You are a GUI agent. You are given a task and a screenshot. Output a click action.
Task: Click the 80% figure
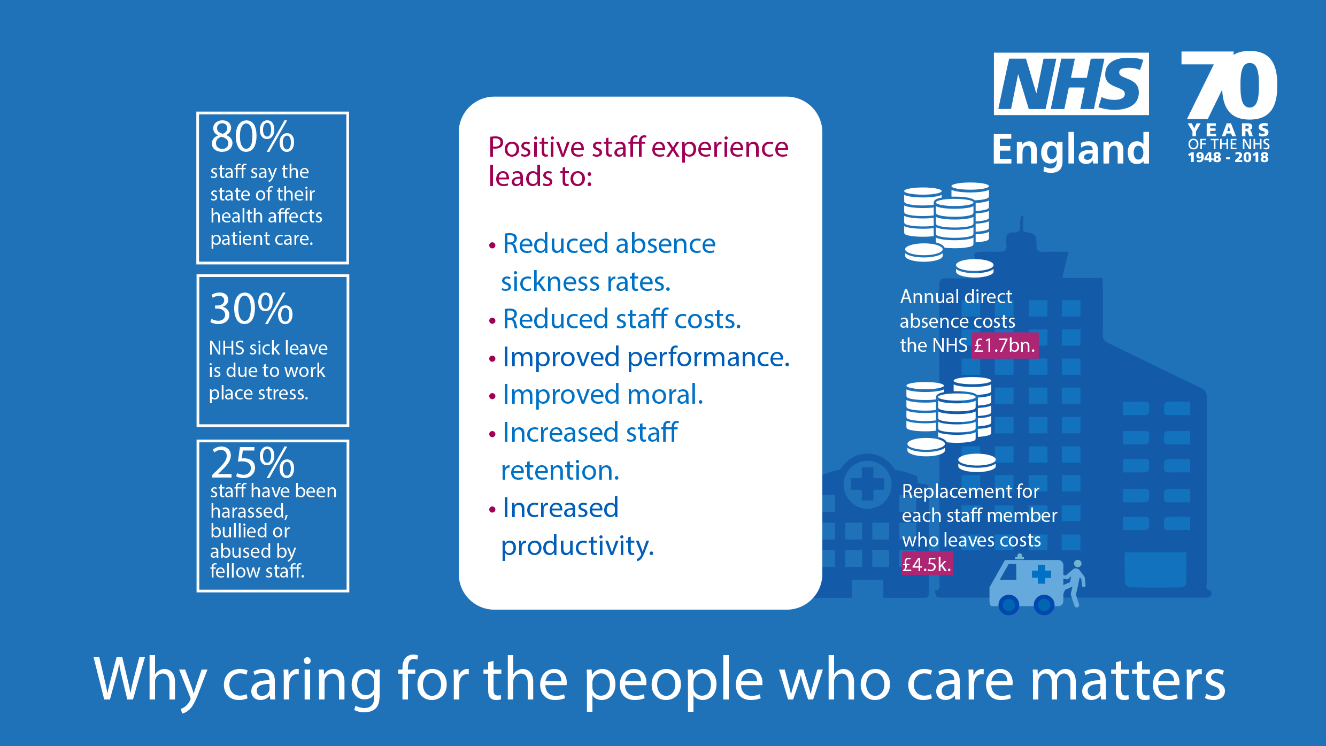point(252,136)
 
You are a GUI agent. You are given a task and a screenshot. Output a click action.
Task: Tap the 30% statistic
point(251,309)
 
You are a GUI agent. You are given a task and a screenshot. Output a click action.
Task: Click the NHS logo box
point(1071,84)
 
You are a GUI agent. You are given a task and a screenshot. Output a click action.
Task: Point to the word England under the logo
point(1071,149)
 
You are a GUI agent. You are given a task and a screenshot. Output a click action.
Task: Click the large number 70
point(1229,86)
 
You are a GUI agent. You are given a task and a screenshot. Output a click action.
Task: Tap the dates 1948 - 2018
point(1228,157)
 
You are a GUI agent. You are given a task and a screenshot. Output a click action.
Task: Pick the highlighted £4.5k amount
point(927,564)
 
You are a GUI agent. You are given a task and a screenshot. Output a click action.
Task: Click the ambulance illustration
point(1027,586)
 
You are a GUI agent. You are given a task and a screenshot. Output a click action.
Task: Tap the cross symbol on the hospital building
point(867,484)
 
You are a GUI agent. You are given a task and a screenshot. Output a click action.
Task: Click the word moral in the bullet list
point(665,395)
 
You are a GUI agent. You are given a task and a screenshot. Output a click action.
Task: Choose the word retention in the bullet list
point(560,471)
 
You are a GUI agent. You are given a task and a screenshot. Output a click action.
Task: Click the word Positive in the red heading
point(536,147)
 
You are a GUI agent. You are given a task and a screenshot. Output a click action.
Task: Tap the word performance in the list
point(708,358)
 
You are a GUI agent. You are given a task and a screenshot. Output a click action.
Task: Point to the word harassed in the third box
point(249,511)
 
